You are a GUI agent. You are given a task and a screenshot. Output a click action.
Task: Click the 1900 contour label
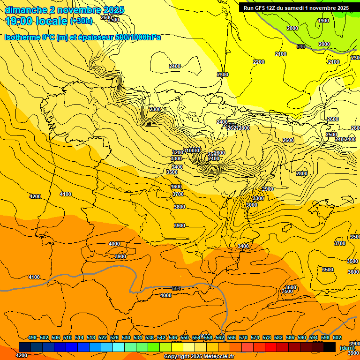323,21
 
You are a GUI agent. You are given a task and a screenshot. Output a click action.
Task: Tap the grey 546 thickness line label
301,46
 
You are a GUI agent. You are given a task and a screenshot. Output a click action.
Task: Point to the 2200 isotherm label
258,62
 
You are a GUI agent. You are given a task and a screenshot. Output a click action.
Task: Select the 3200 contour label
177,152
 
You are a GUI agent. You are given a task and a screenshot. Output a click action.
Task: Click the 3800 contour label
179,207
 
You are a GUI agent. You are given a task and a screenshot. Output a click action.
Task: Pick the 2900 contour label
267,189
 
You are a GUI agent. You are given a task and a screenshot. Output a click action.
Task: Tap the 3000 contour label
251,205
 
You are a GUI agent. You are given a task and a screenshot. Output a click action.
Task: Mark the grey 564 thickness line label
176,288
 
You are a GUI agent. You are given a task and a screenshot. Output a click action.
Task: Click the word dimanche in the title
26,10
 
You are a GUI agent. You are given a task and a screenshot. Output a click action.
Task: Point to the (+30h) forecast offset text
81,21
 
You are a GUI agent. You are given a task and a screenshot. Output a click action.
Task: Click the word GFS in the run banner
263,8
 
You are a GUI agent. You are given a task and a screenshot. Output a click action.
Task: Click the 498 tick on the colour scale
32,337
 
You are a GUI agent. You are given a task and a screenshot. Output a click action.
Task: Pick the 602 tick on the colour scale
337,337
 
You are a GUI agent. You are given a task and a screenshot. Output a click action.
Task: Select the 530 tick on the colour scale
126,337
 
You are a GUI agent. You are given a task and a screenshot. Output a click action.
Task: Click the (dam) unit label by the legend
347,348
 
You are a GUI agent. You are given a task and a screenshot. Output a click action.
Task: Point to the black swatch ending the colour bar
329,347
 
